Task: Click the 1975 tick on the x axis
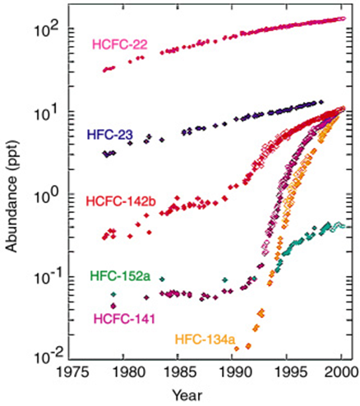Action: (72, 371)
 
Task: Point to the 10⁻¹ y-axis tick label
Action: (47, 274)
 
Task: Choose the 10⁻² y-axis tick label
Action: (47, 353)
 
